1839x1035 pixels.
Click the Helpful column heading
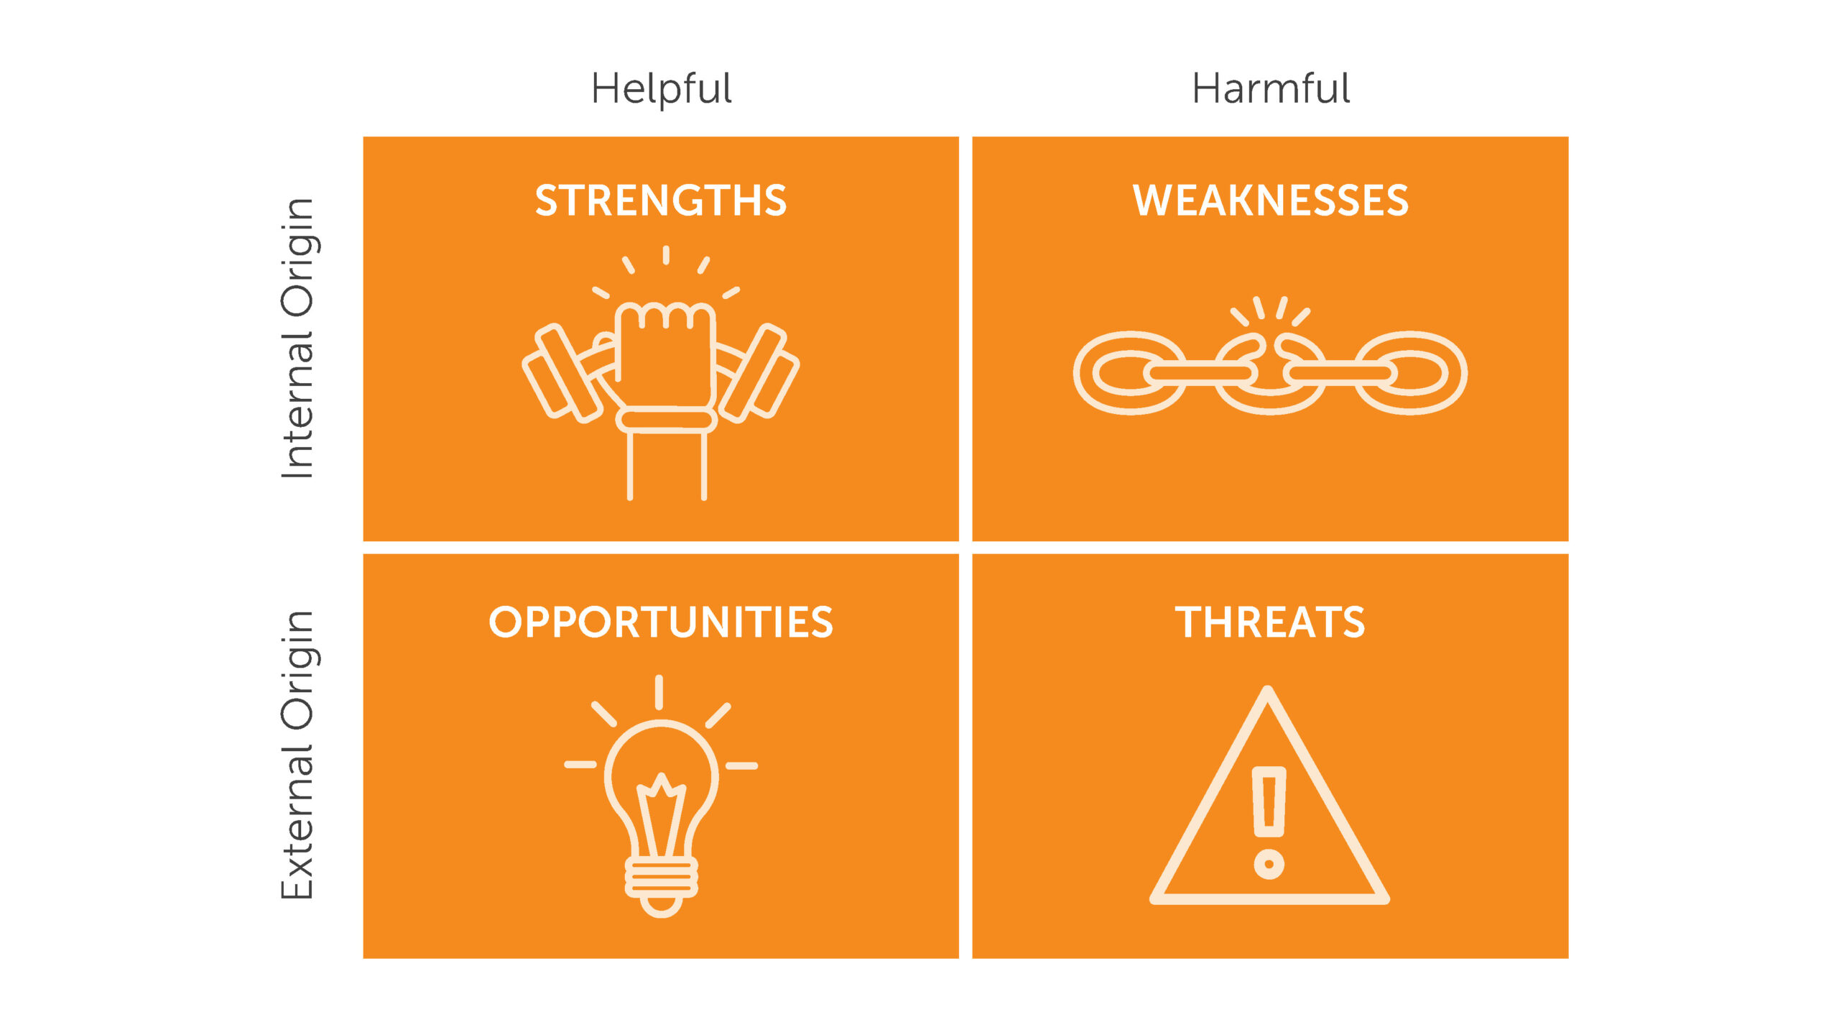tap(661, 89)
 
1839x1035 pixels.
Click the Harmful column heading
tap(1270, 89)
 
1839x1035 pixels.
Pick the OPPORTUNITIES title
tap(661, 622)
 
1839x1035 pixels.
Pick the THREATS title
tap(1270, 622)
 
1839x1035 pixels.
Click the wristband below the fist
tap(666, 419)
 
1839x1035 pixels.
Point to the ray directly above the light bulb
tap(659, 692)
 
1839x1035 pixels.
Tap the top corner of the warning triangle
tap(1269, 694)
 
